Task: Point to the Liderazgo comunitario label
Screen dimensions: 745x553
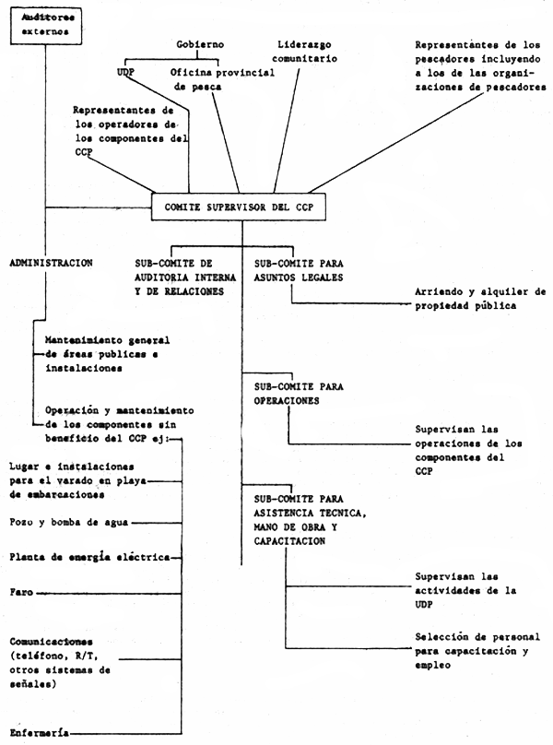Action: point(306,51)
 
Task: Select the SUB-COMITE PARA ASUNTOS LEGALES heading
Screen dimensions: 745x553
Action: point(298,270)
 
